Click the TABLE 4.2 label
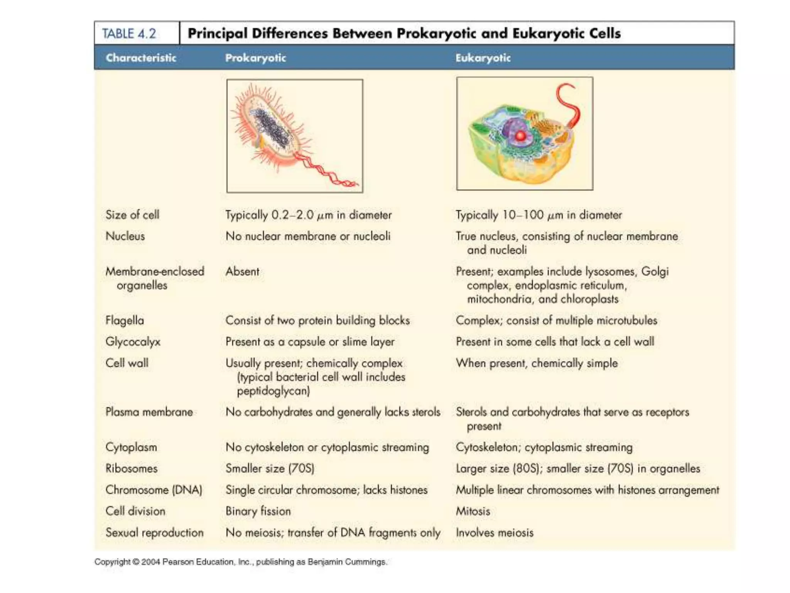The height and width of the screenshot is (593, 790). click(x=129, y=34)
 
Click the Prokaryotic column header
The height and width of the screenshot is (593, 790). click(x=255, y=58)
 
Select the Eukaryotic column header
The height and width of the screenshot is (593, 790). click(x=483, y=58)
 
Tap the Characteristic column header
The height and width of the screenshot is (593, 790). click(x=141, y=58)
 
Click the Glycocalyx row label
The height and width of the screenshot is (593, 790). click(x=133, y=342)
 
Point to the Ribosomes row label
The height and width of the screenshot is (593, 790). click(x=132, y=469)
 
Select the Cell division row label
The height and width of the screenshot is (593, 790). click(x=135, y=511)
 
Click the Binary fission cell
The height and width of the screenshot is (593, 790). click(x=258, y=511)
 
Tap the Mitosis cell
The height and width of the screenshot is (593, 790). click(x=473, y=511)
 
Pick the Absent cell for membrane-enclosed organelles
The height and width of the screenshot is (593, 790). click(x=242, y=271)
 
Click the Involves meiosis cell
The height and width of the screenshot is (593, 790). click(x=495, y=533)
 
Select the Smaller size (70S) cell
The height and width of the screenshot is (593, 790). click(x=270, y=469)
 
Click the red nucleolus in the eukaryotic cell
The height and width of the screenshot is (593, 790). click(x=520, y=136)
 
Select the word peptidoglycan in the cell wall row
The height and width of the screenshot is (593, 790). click(x=273, y=391)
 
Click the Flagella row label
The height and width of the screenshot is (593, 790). click(x=125, y=320)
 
